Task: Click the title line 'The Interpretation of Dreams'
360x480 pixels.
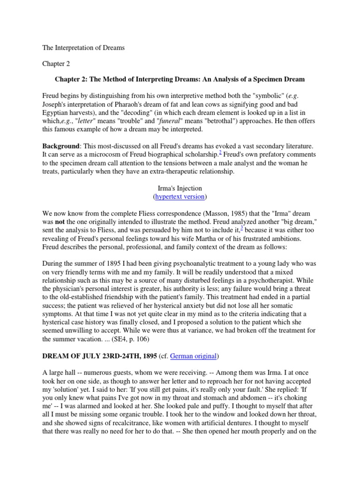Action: point(83,48)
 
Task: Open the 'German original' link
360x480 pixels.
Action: point(193,356)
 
